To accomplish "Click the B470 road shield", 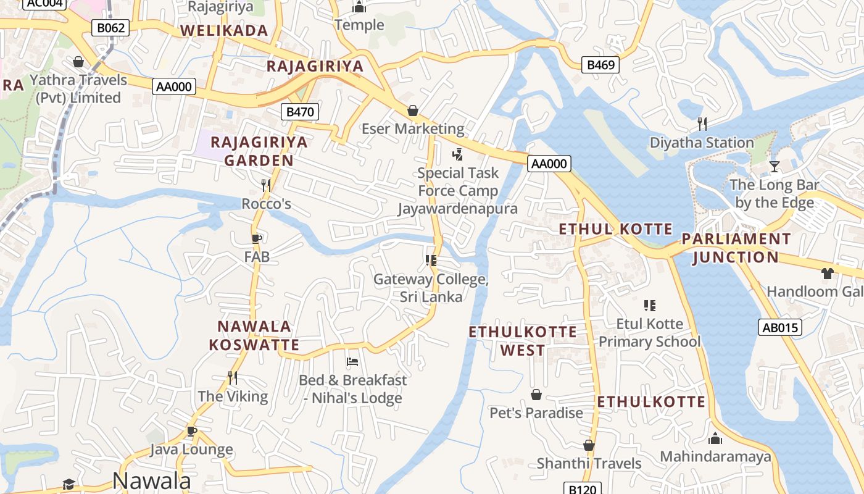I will pyautogui.click(x=301, y=112).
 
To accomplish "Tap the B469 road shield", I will pyautogui.click(x=600, y=65).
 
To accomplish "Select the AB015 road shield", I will pyautogui.click(x=780, y=327).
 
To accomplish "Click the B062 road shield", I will pyautogui.click(x=110, y=27).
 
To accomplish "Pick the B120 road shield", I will pyautogui.click(x=583, y=489).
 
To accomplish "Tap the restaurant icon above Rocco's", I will pyautogui.click(x=266, y=185).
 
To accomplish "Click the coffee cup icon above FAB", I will pyautogui.click(x=257, y=238).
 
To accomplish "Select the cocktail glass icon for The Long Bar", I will pyautogui.click(x=775, y=166).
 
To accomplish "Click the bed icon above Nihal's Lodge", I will pyautogui.click(x=352, y=361).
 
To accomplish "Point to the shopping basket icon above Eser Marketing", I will pyautogui.click(x=412, y=111).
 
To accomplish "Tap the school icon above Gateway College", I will pyautogui.click(x=431, y=261).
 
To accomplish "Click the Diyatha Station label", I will pyautogui.click(x=702, y=143).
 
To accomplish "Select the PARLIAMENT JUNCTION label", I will pyautogui.click(x=735, y=248).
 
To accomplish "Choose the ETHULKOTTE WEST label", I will pyautogui.click(x=523, y=341).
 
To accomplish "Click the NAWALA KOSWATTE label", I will pyautogui.click(x=254, y=335).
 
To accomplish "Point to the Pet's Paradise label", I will pyautogui.click(x=536, y=412).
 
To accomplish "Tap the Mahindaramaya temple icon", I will pyautogui.click(x=715, y=438).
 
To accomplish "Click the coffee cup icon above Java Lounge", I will pyautogui.click(x=191, y=430).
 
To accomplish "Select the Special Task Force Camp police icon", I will pyautogui.click(x=457, y=154).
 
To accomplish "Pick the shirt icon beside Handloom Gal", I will pyautogui.click(x=827, y=273).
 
